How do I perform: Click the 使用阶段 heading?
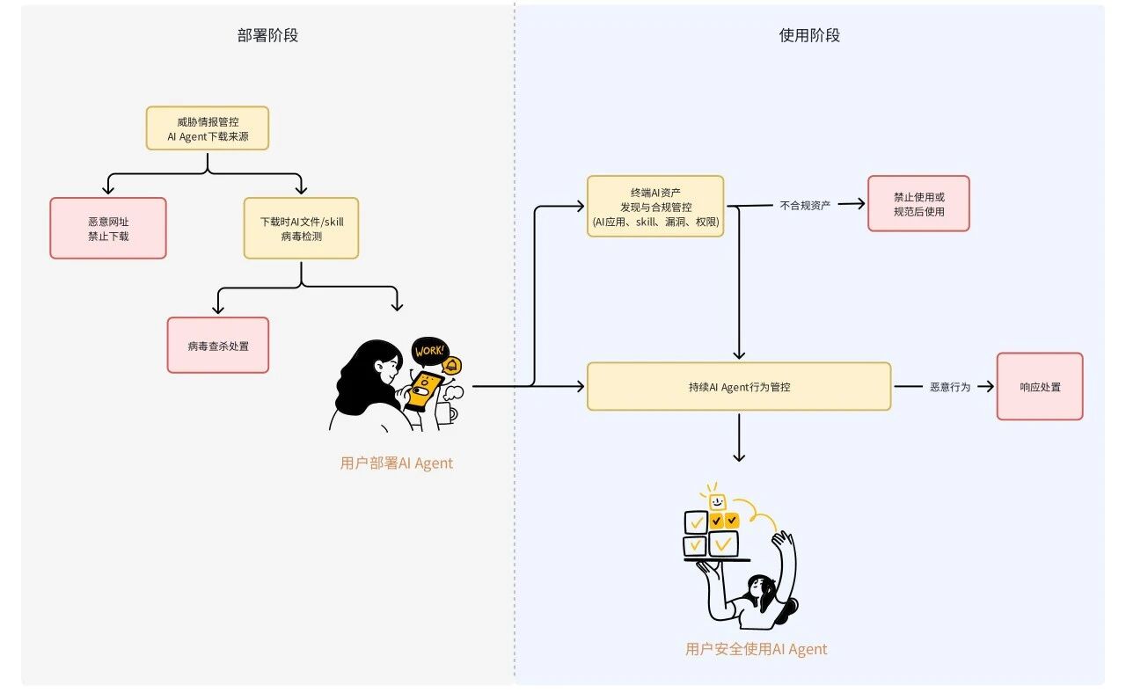pyautogui.click(x=809, y=36)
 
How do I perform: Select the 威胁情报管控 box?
pyautogui.click(x=207, y=128)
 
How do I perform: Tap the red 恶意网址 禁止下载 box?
pyautogui.click(x=107, y=228)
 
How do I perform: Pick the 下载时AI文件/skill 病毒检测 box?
pyautogui.click(x=301, y=228)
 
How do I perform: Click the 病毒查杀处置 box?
pyautogui.click(x=217, y=345)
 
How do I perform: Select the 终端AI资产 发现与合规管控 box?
pyautogui.click(x=655, y=206)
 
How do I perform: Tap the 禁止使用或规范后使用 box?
pyautogui.click(x=918, y=203)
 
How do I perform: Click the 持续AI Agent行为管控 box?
pyautogui.click(x=739, y=386)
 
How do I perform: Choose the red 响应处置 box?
pyautogui.click(x=1039, y=386)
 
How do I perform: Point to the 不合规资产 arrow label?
pyautogui.click(x=805, y=205)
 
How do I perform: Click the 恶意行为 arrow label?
pyautogui.click(x=950, y=386)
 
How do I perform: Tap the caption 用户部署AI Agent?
pyautogui.click(x=396, y=463)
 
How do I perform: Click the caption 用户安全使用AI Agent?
pyautogui.click(x=756, y=649)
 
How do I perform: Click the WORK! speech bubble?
pyautogui.click(x=429, y=352)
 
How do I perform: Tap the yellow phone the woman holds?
pyautogui.click(x=423, y=390)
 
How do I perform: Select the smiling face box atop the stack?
pyautogui.click(x=717, y=501)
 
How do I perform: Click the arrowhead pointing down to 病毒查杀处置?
pyautogui.click(x=217, y=309)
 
